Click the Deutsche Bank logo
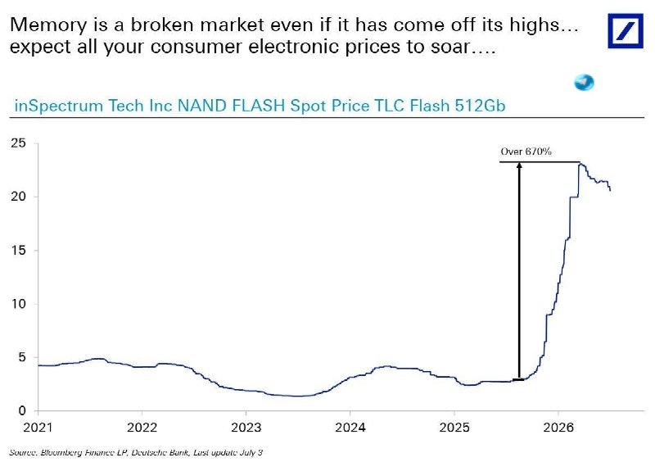click(x=626, y=31)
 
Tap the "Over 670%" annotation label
click(x=526, y=152)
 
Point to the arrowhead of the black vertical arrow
click(x=519, y=165)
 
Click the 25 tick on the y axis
click(x=19, y=143)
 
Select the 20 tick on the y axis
click(x=19, y=197)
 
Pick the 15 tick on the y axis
click(x=19, y=250)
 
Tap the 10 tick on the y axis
click(x=19, y=304)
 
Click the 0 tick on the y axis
click(x=22, y=411)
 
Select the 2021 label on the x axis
click(x=38, y=428)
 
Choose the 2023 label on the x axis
click(x=246, y=428)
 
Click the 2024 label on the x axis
click(x=350, y=428)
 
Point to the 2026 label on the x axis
click(x=558, y=428)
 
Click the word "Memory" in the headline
click(x=47, y=26)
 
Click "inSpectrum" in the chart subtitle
click(x=59, y=106)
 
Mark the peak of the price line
click(x=580, y=164)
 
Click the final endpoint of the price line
click(x=610, y=191)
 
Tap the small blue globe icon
click(x=584, y=83)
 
